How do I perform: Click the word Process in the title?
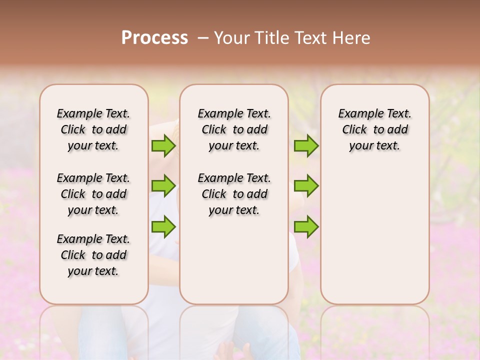click(x=154, y=38)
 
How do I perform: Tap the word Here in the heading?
click(x=352, y=38)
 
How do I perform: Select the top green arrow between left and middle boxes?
click(x=163, y=146)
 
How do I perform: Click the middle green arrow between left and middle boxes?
click(x=163, y=186)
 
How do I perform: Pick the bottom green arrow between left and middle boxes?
click(x=163, y=226)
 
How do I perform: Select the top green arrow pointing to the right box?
click(x=306, y=146)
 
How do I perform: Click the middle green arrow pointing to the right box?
click(x=306, y=186)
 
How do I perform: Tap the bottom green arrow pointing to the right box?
click(x=306, y=226)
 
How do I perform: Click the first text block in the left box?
click(x=93, y=129)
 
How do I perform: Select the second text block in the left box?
click(x=93, y=194)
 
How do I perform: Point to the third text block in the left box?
click(x=93, y=255)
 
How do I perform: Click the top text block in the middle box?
click(x=234, y=129)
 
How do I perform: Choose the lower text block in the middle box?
click(x=234, y=194)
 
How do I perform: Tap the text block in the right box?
click(x=374, y=129)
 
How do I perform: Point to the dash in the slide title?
click(x=203, y=38)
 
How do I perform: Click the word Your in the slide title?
click(x=231, y=38)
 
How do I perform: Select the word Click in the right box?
click(x=354, y=130)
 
